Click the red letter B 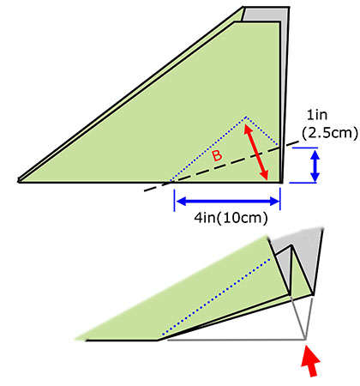[217, 156]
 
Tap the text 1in [317, 115]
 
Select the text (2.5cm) [330, 133]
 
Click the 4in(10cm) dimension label [231, 219]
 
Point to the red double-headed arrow [256, 153]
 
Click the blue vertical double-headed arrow [315, 166]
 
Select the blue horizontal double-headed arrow [228, 202]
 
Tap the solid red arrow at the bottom [310, 361]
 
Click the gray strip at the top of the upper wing [264, 15]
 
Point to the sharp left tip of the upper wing [18, 180]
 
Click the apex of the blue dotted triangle [246, 117]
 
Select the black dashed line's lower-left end [145, 190]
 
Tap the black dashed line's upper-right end [299, 142]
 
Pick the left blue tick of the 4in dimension [174, 201]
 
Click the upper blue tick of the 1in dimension [305, 148]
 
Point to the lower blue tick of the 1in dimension [303, 183]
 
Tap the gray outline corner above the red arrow [305, 340]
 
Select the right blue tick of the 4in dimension [280, 199]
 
